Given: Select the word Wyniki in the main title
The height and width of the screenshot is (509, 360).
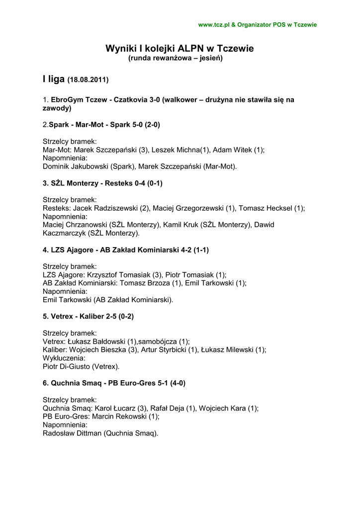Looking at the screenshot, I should click(x=120, y=48).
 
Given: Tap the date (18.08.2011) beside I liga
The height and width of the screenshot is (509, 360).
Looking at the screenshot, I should click(x=88, y=80).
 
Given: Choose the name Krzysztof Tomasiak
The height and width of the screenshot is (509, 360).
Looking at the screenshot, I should click(x=112, y=275).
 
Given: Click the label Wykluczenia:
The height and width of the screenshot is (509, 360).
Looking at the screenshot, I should click(x=64, y=358).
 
